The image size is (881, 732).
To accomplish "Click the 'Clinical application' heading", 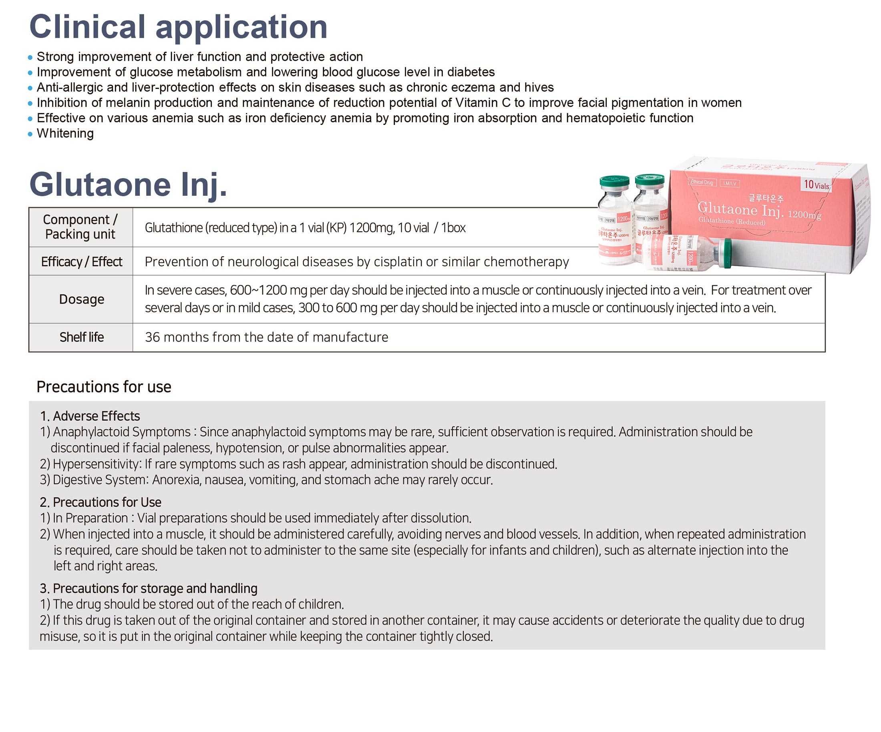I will (178, 27).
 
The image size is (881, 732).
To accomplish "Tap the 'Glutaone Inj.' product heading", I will (128, 185).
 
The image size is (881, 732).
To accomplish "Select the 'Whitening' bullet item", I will (65, 133).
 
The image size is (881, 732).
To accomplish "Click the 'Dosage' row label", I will (81, 299).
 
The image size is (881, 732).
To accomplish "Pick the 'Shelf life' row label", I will (81, 337).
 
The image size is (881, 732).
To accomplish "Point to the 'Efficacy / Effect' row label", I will (81, 262).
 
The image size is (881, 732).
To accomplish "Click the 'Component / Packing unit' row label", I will (80, 227).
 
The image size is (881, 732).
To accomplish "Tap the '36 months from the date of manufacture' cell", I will (266, 337).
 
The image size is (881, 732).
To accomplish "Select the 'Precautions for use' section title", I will (104, 387).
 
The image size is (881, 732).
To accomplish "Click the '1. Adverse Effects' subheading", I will (90, 416).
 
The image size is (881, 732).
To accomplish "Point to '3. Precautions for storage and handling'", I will (149, 589).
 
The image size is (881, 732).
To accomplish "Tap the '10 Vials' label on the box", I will (817, 185).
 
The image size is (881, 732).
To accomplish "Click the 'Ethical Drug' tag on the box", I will (702, 183).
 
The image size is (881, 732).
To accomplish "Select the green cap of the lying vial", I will (727, 253).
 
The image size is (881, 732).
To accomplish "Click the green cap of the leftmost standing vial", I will (614, 182).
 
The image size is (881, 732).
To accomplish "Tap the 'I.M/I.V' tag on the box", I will (730, 184).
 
